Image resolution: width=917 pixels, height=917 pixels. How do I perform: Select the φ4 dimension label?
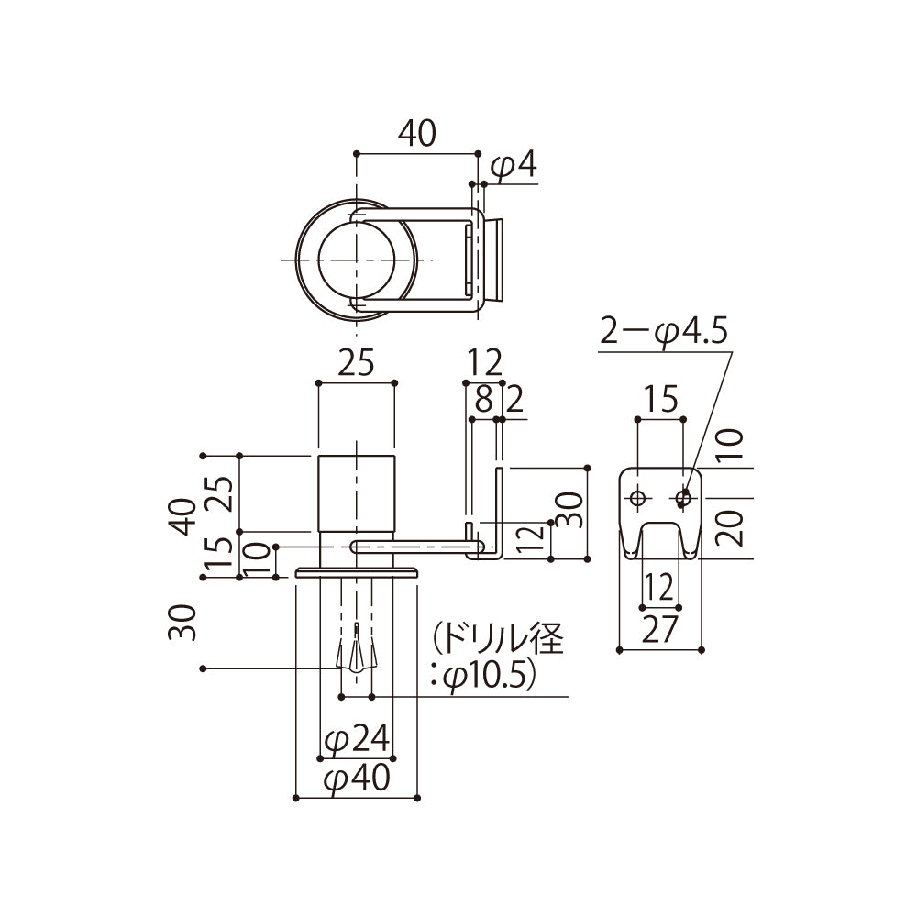512,167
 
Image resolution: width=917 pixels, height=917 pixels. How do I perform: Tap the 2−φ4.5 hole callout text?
664,331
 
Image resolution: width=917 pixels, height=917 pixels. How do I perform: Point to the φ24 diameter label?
356,739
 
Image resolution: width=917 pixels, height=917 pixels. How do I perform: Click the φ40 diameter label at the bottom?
357,779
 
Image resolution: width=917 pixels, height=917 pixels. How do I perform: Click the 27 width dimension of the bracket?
659,631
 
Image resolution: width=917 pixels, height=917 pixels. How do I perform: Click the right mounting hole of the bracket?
682,498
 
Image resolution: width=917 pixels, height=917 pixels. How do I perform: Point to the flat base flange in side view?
357,572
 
